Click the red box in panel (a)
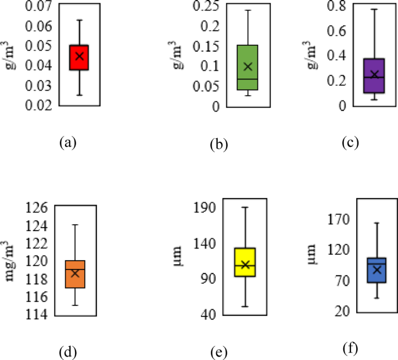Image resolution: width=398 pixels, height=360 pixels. [x=79, y=57]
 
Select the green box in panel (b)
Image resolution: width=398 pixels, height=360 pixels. [x=248, y=67]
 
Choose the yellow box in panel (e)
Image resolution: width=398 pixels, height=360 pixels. [x=245, y=262]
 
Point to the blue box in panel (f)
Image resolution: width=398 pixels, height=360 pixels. [x=377, y=271]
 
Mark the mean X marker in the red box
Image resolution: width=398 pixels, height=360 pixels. [x=79, y=56]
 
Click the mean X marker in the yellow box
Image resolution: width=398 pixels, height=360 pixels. [x=245, y=265]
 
